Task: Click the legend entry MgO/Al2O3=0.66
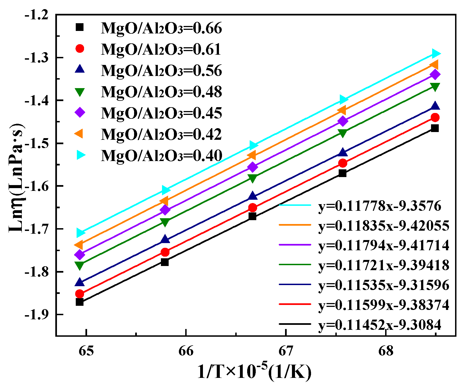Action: (x=161, y=28)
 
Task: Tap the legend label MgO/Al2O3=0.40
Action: (x=161, y=156)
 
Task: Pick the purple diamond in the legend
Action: (x=80, y=113)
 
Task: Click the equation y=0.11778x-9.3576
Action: (x=380, y=206)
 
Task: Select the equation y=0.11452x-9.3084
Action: (x=380, y=325)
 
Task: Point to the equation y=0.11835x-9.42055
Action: (x=384, y=226)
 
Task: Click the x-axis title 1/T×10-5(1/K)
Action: (x=254, y=372)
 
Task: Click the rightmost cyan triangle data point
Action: (x=436, y=53)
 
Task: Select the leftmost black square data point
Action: (x=80, y=302)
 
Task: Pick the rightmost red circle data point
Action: (x=435, y=118)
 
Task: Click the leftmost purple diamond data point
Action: (x=80, y=254)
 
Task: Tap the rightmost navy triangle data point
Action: (x=435, y=106)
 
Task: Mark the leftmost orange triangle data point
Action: (x=79, y=245)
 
